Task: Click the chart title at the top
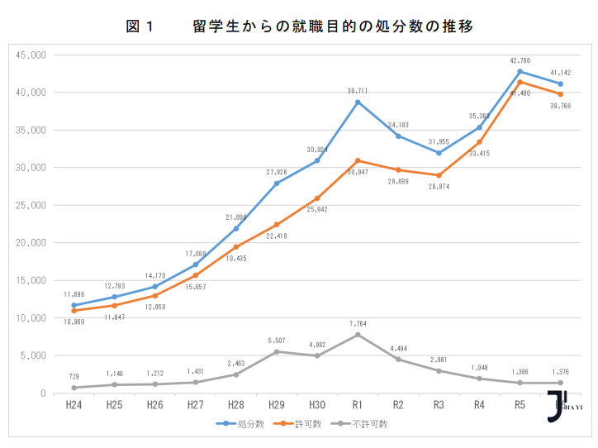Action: pos(299,26)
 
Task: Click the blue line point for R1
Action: pos(358,102)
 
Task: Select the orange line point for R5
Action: pos(520,82)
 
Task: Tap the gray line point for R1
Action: pos(358,335)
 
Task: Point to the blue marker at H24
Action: pos(74,305)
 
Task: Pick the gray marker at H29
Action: pos(277,351)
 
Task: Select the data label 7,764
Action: pos(358,324)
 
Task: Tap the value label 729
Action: pos(74,376)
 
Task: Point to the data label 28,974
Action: pos(439,187)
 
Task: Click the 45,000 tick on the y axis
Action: pos(31,55)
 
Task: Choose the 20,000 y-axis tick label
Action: pos(31,243)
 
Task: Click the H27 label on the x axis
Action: pos(196,405)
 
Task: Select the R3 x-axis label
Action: pos(439,405)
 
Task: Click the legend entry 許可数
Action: pos(305,423)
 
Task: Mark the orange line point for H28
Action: pos(236,246)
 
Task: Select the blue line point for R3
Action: pos(439,153)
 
